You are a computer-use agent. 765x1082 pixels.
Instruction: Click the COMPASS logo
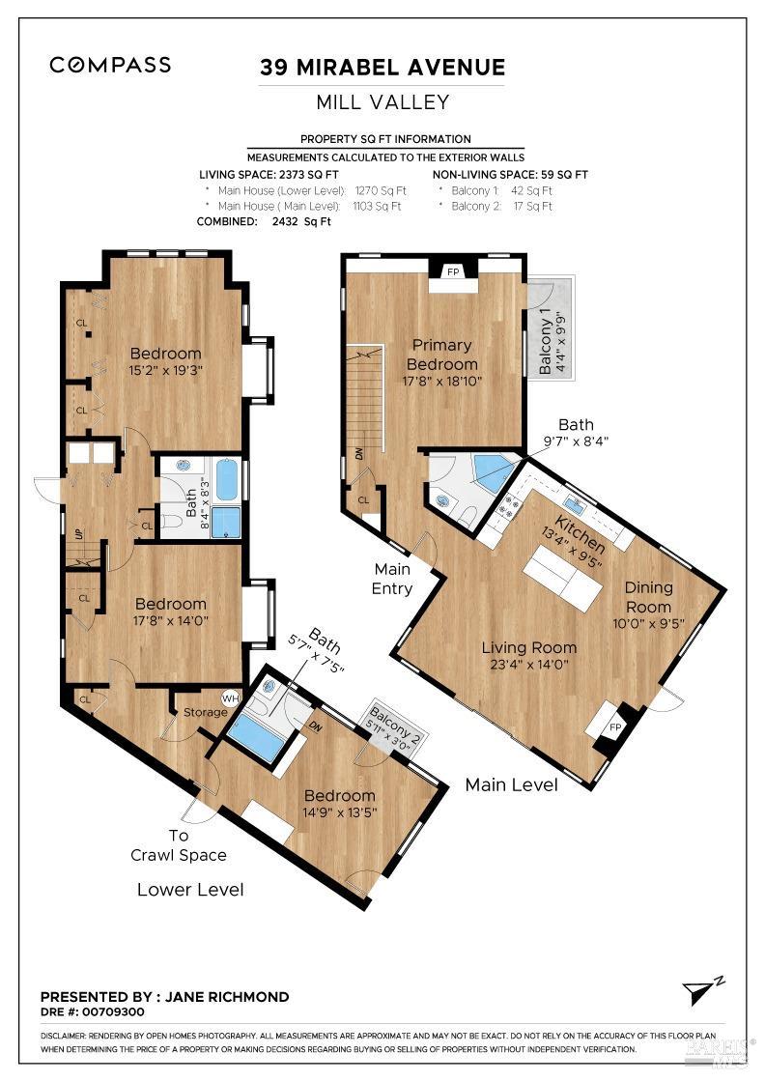point(110,66)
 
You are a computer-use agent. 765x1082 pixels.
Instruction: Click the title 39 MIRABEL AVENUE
point(382,68)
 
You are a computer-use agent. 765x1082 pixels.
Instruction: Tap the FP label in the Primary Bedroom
point(453,272)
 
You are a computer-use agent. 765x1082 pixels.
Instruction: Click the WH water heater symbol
point(230,698)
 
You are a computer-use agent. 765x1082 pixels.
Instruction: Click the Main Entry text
point(393,580)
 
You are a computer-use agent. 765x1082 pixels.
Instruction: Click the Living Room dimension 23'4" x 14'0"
point(528,665)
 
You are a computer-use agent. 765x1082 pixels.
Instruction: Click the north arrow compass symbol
point(699,989)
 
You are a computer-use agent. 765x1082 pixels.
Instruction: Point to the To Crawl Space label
point(179,845)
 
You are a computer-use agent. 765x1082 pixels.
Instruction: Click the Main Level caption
point(511,785)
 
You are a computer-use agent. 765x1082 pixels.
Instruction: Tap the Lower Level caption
point(189,890)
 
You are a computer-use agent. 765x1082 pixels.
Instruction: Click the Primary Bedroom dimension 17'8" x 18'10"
point(441,381)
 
